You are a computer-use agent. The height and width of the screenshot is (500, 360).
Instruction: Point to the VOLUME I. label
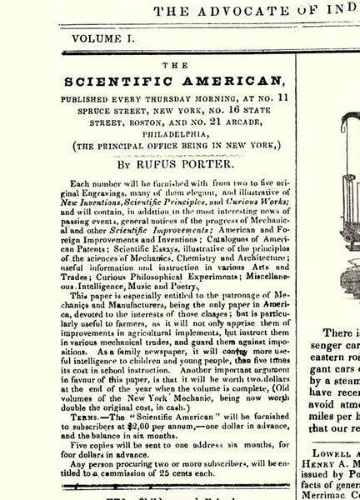coord(102,37)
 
